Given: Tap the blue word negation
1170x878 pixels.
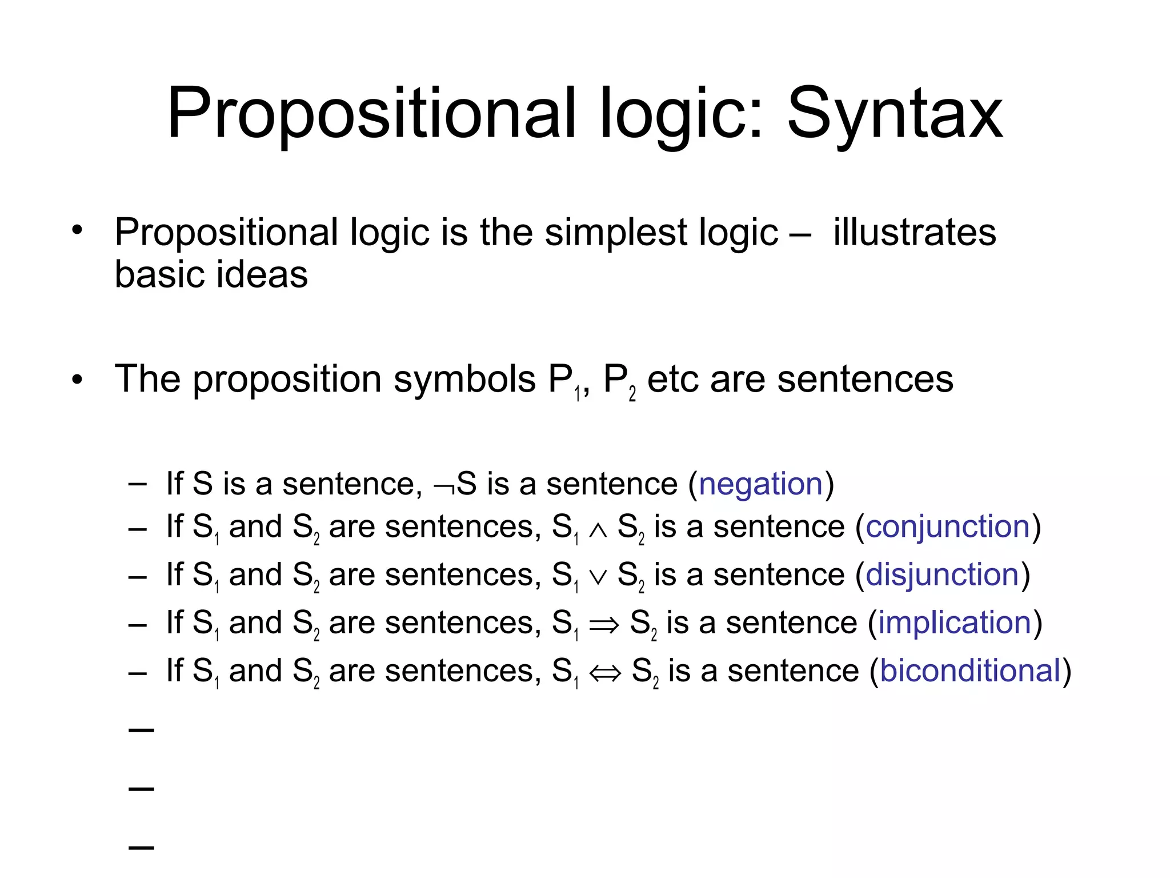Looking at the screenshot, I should coord(760,484).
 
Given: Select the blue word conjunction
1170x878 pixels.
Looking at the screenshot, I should coord(948,526).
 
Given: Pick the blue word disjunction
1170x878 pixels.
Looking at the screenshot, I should coord(943,574).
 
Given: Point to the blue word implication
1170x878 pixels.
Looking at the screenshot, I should coord(955,622).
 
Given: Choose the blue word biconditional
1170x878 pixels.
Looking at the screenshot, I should coord(970,671).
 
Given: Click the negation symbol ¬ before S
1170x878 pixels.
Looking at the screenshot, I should coord(444,487).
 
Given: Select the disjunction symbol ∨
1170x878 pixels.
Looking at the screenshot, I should coord(598,577).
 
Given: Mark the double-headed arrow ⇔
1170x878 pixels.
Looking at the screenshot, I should coord(605,673).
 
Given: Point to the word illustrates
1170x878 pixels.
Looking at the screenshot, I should coord(915,233).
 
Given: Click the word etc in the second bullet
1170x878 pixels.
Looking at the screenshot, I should coord(672,380).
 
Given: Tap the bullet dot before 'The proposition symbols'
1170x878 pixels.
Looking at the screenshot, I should coord(77,380).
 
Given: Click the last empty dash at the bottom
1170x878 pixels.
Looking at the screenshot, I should coord(142,847).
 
